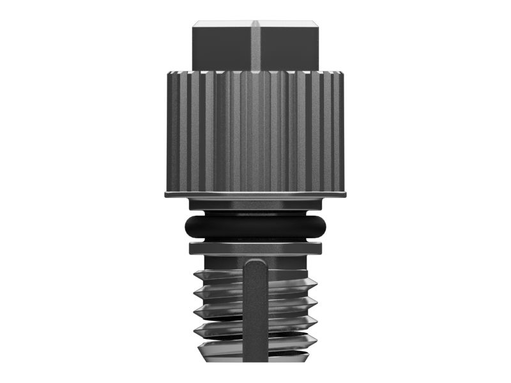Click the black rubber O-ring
coord(256,226)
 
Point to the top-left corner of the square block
coord(194,24)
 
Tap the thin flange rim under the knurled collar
coord(256,193)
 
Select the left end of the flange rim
coord(166,193)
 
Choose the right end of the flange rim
coord(346,193)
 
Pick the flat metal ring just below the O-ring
coord(256,248)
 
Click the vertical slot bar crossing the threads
coord(256,319)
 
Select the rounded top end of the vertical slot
coord(256,263)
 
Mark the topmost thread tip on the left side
coord(195,276)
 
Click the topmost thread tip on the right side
coord(316,282)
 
